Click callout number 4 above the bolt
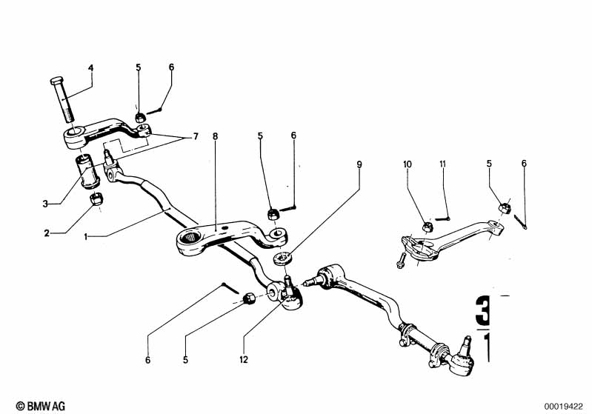91,68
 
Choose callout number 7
196,137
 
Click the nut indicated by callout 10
428,226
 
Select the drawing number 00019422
565,405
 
